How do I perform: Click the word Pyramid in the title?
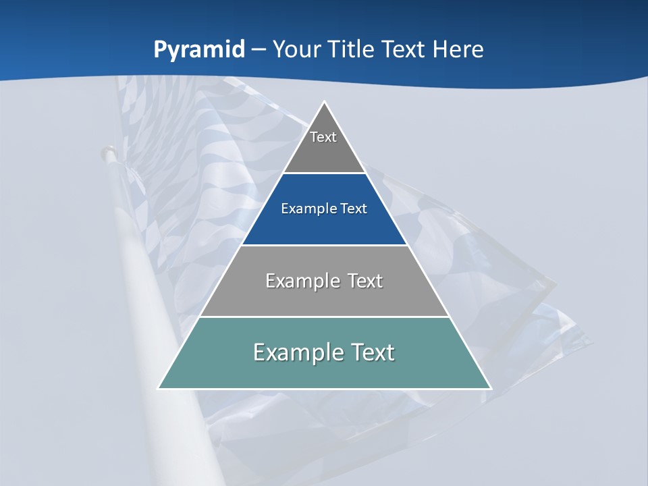[x=199, y=50]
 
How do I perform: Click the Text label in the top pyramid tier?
[x=323, y=137]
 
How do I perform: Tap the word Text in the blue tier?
[x=353, y=209]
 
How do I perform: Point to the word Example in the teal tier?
[x=294, y=352]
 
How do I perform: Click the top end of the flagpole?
[x=107, y=150]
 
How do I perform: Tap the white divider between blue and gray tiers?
[x=325, y=245]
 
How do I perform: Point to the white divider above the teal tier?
[x=325, y=317]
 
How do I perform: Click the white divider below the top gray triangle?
[x=325, y=173]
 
